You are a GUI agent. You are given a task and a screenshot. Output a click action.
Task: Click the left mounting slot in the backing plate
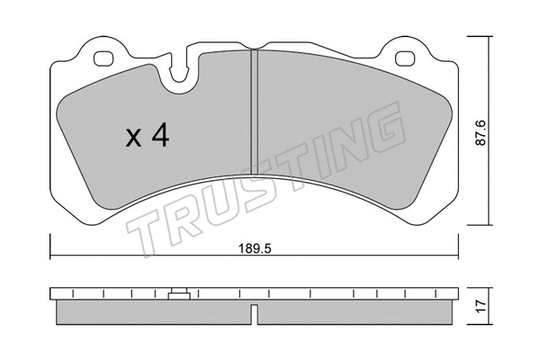click(x=105, y=60)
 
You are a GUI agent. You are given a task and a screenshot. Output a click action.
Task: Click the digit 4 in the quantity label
click(x=162, y=137)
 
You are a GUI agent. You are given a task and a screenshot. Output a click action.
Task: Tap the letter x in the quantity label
click(x=133, y=139)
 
